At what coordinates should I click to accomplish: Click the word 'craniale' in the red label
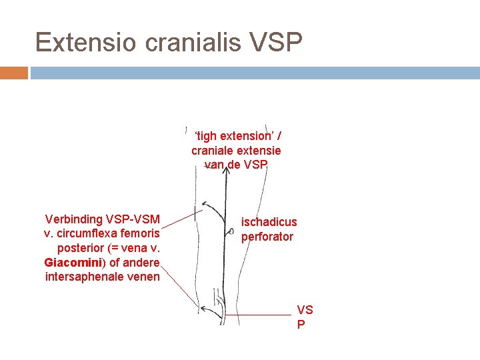coord(213,151)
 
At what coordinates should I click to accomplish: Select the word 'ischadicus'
coord(269,222)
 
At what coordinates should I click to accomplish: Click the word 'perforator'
coord(267,236)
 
